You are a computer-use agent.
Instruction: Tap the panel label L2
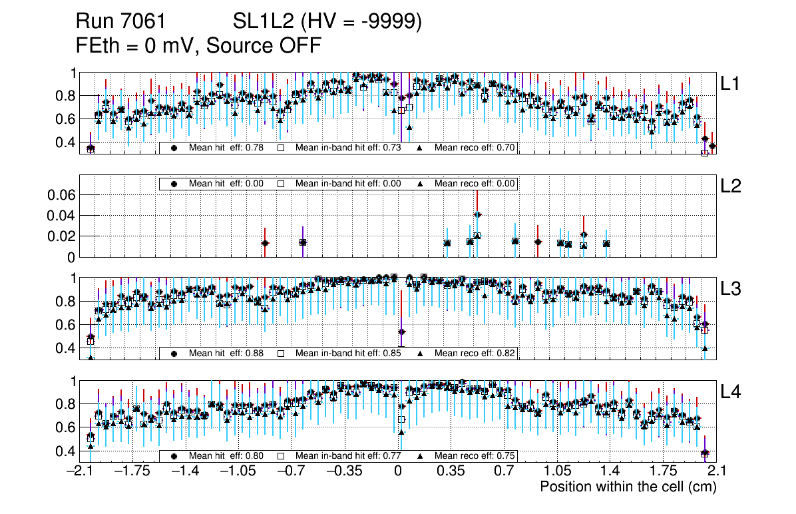731,186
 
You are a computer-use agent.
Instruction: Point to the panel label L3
731,288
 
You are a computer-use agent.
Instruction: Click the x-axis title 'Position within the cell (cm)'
628,487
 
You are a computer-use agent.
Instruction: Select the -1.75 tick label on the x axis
130,471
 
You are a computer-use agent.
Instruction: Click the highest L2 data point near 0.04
477,214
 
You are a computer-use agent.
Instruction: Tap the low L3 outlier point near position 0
401,332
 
